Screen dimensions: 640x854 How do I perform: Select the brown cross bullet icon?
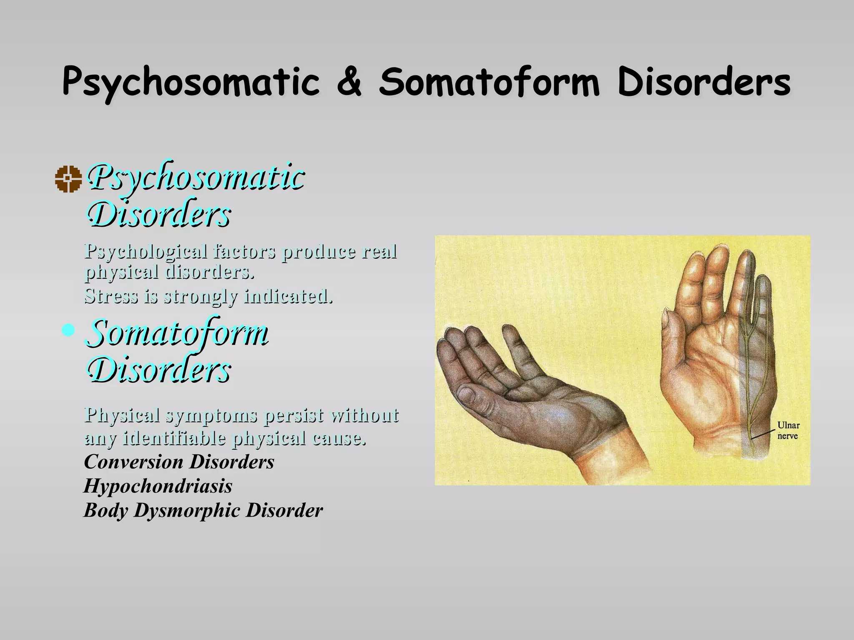pos(68,179)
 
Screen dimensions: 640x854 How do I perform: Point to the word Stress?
pos(111,296)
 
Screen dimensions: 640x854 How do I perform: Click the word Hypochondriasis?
pos(158,486)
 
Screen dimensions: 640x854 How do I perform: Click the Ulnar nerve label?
pos(788,430)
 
